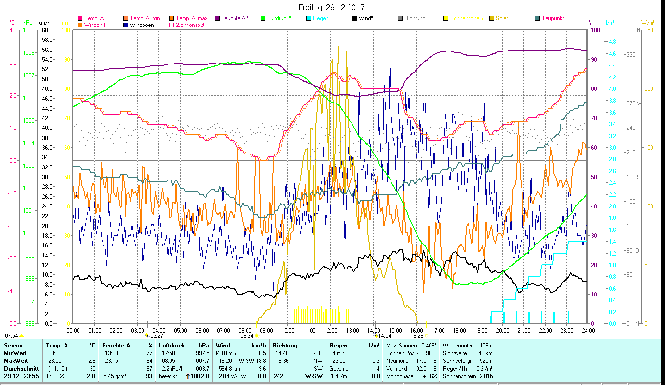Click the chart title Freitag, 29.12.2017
coord(331,8)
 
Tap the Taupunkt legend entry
coord(552,18)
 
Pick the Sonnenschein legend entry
coord(467,18)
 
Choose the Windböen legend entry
coord(142,25)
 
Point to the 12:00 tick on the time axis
coord(331,330)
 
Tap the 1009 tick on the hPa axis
coord(28,30)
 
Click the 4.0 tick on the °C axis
coord(12,30)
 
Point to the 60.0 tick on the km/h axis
coord(47,30)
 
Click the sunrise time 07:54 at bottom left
coord(12,335)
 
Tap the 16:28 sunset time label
coord(417,335)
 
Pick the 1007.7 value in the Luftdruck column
coord(201,360)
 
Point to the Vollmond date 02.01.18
coord(427,368)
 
